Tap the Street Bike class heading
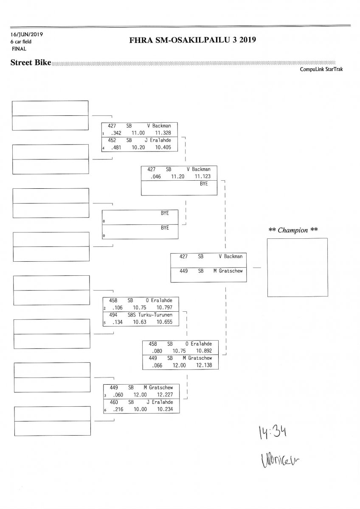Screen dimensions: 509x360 click(x=31, y=63)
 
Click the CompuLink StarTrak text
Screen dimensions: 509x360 click(x=321, y=69)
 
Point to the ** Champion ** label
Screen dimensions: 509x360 click(x=293, y=230)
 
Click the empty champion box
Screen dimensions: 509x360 click(x=297, y=267)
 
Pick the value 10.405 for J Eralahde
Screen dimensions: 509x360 click(x=163, y=147)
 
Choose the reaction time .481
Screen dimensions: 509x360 click(x=116, y=147)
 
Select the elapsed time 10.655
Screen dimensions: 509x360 click(x=164, y=322)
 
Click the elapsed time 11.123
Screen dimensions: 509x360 click(x=202, y=176)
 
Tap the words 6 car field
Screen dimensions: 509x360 click(x=21, y=42)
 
